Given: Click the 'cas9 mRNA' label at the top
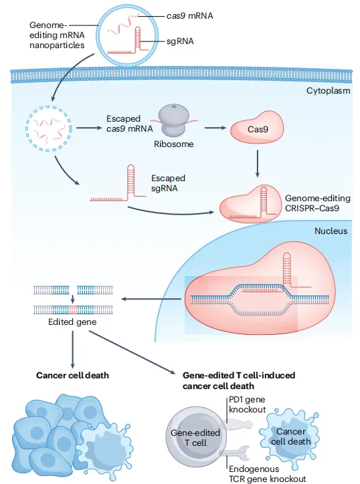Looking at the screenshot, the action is coord(190,16).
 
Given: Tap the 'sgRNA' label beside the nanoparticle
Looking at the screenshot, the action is coord(180,41).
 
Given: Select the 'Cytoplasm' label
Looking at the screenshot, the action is coord(328,91).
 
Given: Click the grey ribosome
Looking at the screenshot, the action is coord(174,120).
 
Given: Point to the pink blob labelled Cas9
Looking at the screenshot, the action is coord(257,128).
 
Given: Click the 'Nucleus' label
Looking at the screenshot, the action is coord(331,231).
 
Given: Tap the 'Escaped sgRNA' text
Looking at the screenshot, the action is coord(168,183).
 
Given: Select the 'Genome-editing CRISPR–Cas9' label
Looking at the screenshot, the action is coord(317,203).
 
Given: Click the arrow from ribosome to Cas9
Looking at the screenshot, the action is coord(215,128).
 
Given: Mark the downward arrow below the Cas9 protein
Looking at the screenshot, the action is coord(258,164).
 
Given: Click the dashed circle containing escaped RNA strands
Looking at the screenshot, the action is coord(48,129).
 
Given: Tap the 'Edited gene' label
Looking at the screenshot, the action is coord(72,322).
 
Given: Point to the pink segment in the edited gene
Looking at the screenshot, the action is coord(73,310).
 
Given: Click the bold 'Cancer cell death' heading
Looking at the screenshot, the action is coord(73,375).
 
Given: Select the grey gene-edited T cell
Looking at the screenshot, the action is coord(195,437).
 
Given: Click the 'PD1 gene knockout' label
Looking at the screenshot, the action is coord(247,404).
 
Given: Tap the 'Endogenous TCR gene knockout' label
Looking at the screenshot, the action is coord(267,474).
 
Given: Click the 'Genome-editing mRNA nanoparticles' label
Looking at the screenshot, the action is coord(57,35).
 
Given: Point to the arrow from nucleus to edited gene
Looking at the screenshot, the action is coord(151,299).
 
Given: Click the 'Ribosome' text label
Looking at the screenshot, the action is coord(174,144).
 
